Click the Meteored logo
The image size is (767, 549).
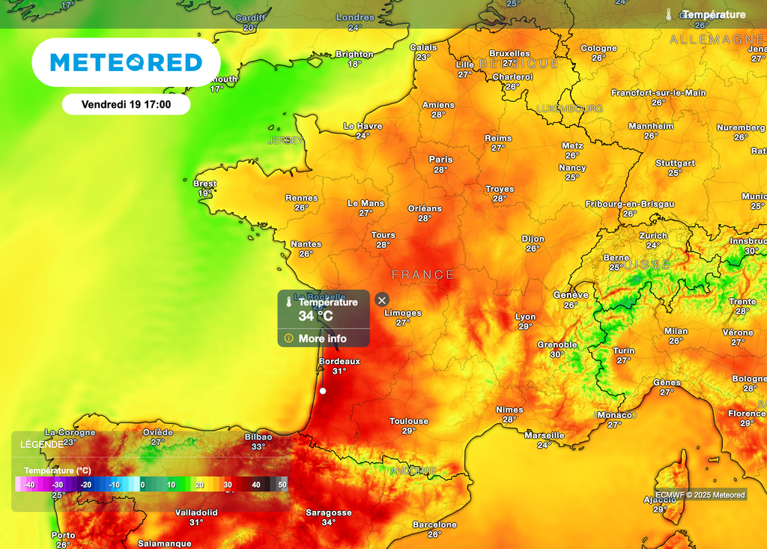pos(126,62)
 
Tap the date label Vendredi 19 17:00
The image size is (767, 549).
pos(126,104)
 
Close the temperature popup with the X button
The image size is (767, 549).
pos(382,300)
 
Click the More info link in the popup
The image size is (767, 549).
pos(322,339)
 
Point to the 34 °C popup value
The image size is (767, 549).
pos(315,316)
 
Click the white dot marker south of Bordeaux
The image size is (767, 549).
pos(323,390)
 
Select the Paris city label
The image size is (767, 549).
pos(440,160)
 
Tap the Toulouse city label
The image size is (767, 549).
pos(409,421)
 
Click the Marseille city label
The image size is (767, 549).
pos(545,435)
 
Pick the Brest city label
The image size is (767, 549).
pos(204,183)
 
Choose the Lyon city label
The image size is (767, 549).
pos(525,317)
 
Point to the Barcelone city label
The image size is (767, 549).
pos(434,524)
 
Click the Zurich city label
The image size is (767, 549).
pos(653,235)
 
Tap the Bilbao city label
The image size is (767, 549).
pos(258,437)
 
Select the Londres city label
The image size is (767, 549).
pos(355,17)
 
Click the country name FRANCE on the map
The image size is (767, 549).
pos(422,275)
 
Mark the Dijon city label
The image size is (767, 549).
pos(533,239)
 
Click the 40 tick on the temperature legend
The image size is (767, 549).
pos(256,485)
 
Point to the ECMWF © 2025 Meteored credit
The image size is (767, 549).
pos(700,494)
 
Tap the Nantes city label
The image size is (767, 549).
pos(306,244)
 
